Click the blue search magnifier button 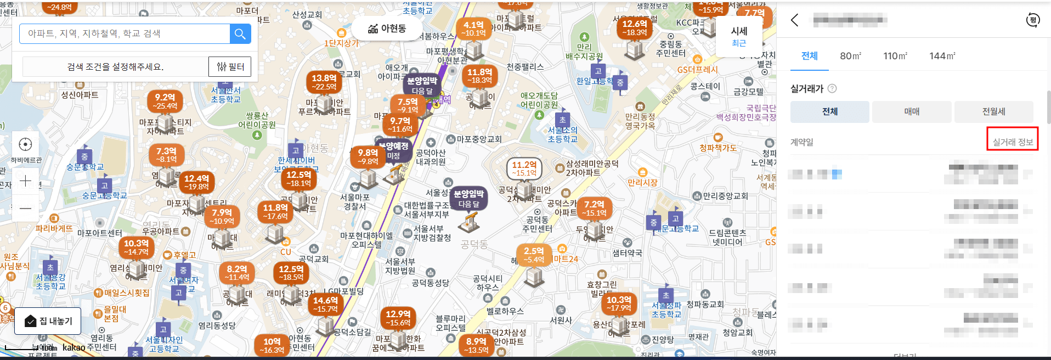coord(240,34)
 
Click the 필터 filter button coord(230,67)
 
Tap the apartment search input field coord(125,34)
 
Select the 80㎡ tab coord(850,56)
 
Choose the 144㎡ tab coord(942,56)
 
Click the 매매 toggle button coord(911,111)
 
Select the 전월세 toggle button coord(993,111)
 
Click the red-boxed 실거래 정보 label coord(1013,142)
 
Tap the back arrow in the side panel coord(795,20)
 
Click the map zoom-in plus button coord(25,181)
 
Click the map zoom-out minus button coord(25,209)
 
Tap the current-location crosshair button coord(25,144)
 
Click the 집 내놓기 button coord(48,321)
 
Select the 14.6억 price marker coord(325,305)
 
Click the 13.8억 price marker coord(324,82)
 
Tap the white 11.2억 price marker coord(524,168)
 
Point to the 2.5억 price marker coord(533,255)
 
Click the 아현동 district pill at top coord(387,29)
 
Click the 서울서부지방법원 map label coord(400,266)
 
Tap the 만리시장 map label coord(642,182)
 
